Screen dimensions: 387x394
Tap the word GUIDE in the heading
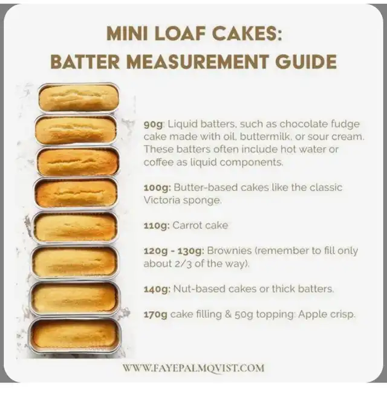point(306,62)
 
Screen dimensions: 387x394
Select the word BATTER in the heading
point(85,62)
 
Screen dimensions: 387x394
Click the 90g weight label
point(154,124)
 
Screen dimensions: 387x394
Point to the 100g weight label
point(157,188)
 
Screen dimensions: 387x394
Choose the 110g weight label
point(157,225)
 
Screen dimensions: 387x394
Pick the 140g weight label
point(157,289)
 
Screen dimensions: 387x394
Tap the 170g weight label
point(155,315)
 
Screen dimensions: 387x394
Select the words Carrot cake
point(200,225)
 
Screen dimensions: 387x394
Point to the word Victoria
point(161,200)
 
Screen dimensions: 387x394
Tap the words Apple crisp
point(327,314)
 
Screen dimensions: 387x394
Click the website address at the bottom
point(193,368)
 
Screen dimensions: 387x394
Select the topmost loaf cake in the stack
point(79,98)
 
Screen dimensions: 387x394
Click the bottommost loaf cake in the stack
point(75,335)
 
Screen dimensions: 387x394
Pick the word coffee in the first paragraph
point(158,163)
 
